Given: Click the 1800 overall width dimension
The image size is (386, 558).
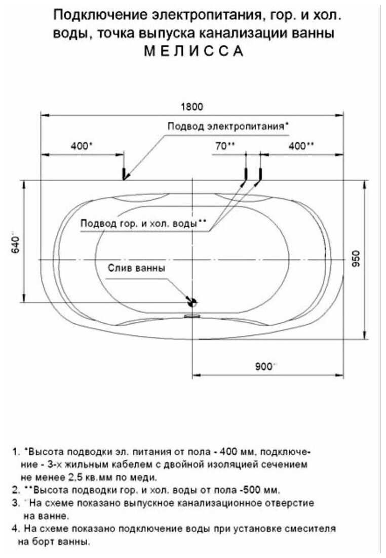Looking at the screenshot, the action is coord(192,106).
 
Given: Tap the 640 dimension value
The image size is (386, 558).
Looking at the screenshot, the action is coord(16,243).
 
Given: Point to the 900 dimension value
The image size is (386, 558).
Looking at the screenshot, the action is coord(264,366).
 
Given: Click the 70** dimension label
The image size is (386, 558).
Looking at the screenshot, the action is coord(225,146).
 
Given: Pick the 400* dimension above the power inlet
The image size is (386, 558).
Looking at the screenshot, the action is coord(81,146).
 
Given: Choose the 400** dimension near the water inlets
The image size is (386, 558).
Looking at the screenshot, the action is coord(301,146).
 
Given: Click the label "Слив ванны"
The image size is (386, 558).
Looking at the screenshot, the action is coord(136,268).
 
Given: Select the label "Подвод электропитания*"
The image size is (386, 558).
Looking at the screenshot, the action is coord(228,126).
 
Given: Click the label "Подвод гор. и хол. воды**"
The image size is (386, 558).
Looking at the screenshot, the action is coord(143,224).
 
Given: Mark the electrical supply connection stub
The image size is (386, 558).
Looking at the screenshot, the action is coord(124,174).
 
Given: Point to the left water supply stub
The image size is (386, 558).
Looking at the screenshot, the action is coord(246,174).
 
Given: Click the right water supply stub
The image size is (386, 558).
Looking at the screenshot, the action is coord(260,174).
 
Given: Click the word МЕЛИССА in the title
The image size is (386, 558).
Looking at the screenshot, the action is coord(194,51).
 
